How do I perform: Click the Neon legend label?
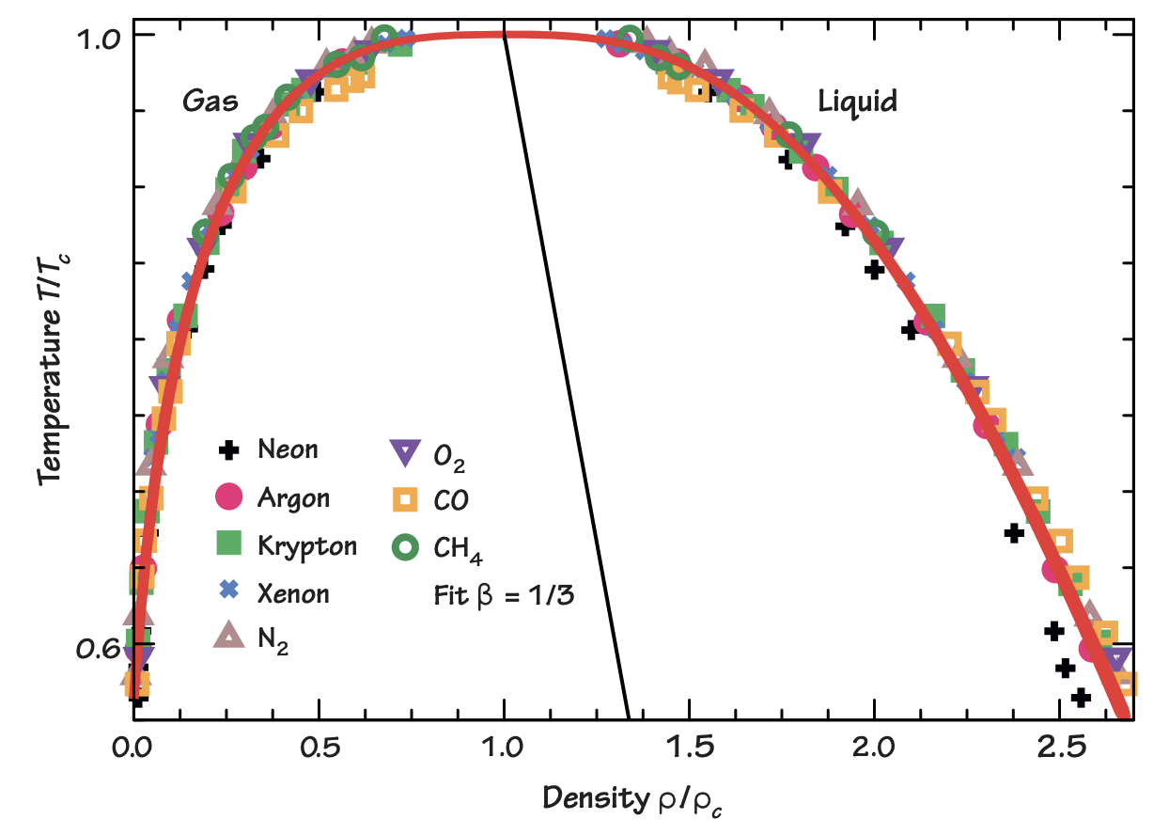288,449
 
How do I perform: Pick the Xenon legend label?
294,593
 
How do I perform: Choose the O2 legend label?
448,458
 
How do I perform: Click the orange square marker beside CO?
405,501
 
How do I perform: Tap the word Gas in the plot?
210,102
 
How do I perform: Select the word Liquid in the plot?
856,102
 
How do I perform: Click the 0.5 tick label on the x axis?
319,751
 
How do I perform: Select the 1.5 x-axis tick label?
690,751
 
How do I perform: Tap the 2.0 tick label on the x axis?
875,751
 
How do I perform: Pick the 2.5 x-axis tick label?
1060,751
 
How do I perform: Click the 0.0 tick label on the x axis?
133,751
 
